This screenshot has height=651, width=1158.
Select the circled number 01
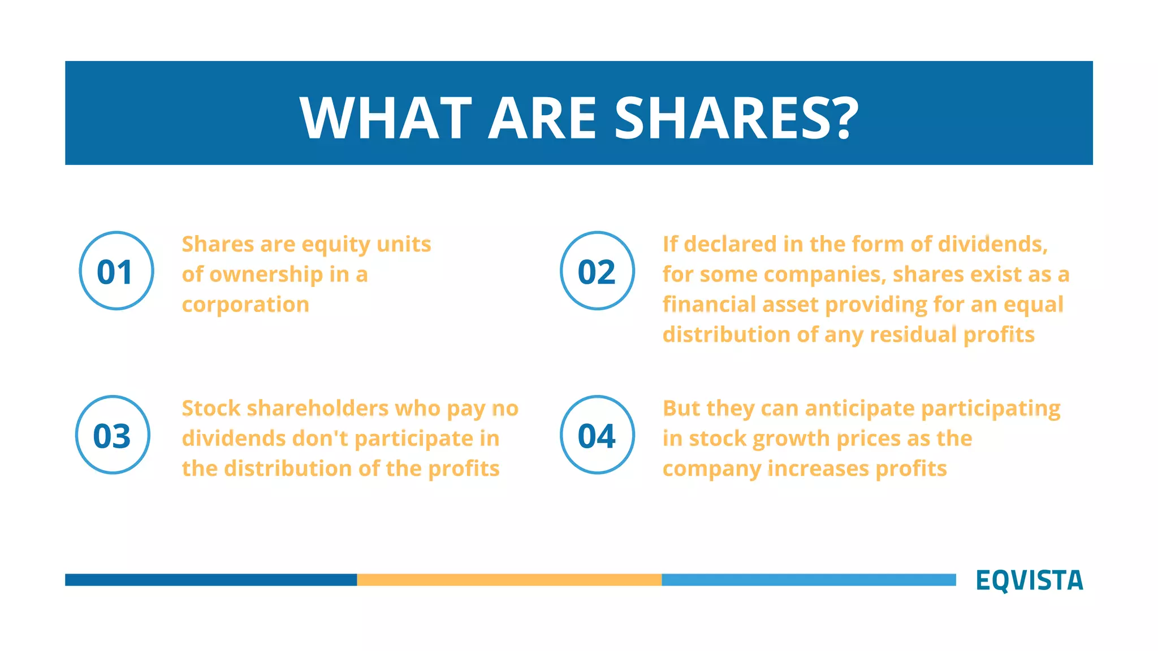pos(116,271)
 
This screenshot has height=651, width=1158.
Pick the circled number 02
pos(597,271)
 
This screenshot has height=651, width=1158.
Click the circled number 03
pos(113,435)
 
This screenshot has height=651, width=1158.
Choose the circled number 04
pos(597,435)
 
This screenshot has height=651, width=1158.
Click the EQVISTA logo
pos(1029,580)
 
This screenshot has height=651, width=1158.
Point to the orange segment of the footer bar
pos(509,580)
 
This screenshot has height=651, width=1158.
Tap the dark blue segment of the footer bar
pos(210,580)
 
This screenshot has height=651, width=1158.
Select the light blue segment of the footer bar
pos(809,580)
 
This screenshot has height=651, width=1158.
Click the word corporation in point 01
pos(245,305)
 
